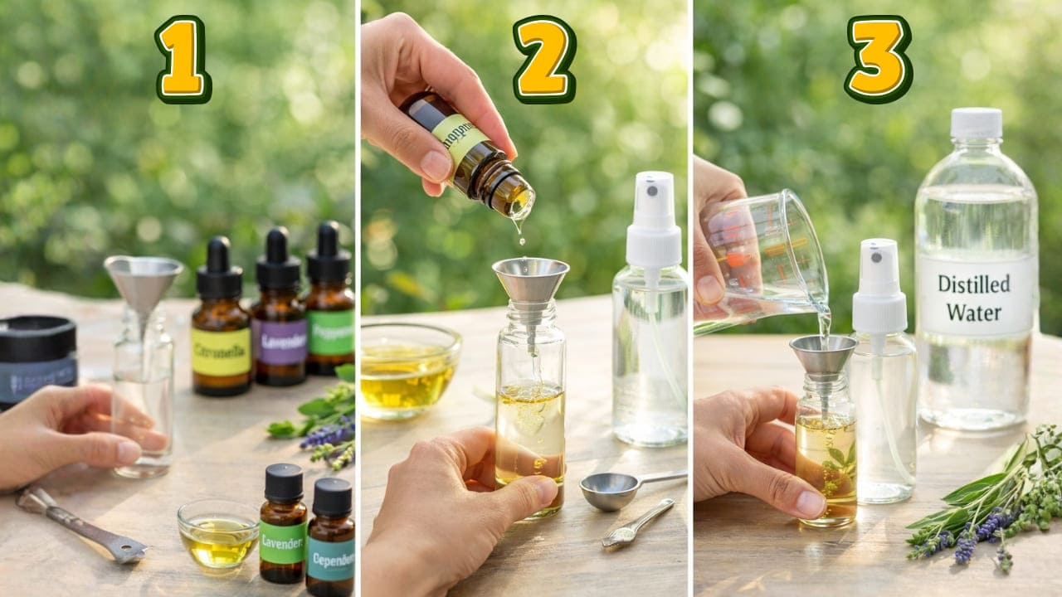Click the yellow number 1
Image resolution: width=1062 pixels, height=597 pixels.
click(183, 59)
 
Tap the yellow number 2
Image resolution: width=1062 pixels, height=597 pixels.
click(543, 59)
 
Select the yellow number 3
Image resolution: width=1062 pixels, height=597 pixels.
click(879, 59)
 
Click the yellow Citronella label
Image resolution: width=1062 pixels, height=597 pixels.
click(221, 352)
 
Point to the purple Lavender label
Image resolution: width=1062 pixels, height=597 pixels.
click(280, 342)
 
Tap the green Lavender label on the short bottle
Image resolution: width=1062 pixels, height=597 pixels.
click(282, 543)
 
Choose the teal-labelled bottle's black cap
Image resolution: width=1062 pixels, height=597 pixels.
click(332, 497)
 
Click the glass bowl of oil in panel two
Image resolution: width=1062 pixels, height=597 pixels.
click(410, 368)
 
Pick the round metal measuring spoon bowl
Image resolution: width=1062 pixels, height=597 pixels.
click(608, 491)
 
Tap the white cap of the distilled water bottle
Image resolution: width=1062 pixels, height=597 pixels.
click(977, 123)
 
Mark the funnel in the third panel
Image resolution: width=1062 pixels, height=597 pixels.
click(823, 356)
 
